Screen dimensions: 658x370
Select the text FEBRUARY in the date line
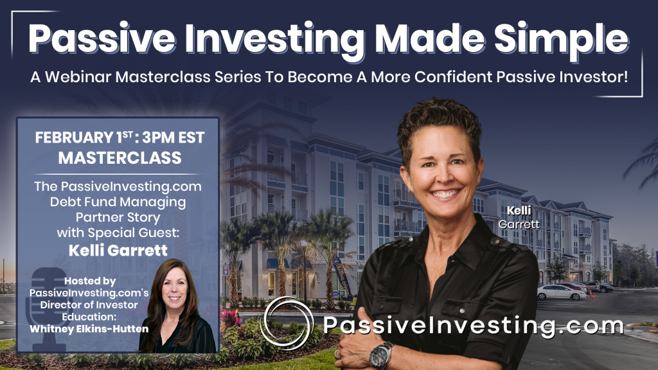point(74,137)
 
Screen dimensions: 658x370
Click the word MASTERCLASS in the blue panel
point(120,158)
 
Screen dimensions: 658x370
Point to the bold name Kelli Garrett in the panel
point(118,250)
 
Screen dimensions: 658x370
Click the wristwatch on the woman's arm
point(380,355)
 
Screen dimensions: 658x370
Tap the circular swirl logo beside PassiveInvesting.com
point(287,323)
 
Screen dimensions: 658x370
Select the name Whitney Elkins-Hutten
point(89,329)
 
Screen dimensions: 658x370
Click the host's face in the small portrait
point(175,286)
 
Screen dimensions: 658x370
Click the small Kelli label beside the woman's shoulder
point(519,211)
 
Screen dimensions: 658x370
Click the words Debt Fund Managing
point(118,202)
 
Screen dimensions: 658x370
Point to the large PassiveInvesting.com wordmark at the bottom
point(473,326)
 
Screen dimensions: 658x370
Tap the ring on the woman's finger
point(337,354)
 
